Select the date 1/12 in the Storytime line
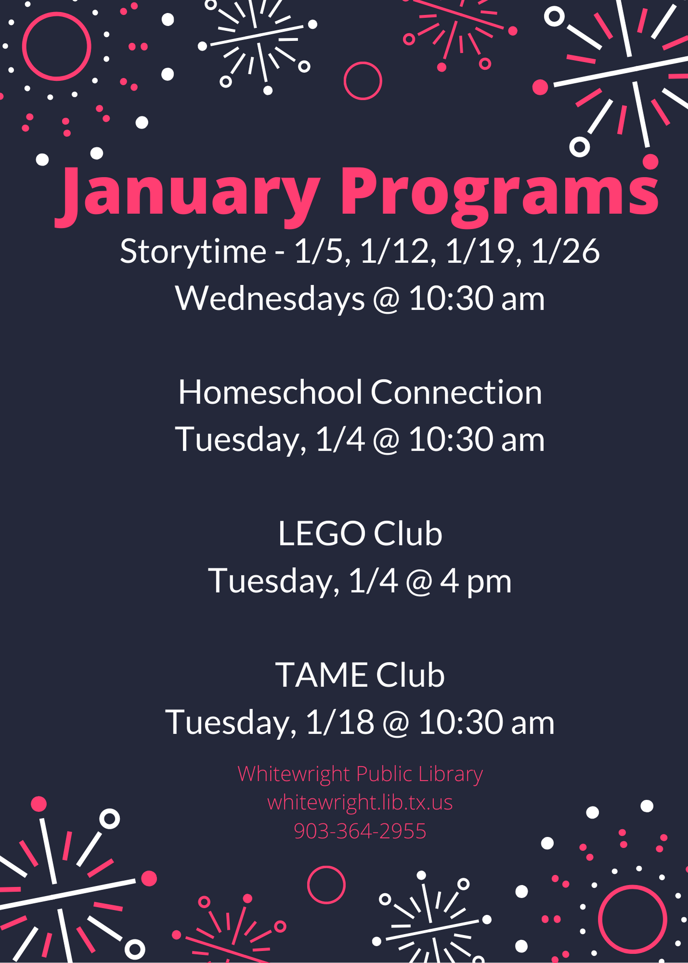[394, 251]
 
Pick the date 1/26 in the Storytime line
[565, 251]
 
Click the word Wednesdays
[270, 299]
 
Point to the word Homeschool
[270, 392]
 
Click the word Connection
[456, 392]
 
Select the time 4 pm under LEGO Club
[476, 582]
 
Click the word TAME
[321, 675]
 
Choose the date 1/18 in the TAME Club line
[340, 722]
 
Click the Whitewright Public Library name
[360, 774]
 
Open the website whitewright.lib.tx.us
[360, 803]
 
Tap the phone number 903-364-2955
[360, 831]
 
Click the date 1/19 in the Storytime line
[480, 251]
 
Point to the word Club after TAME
[410, 675]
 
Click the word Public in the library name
[384, 774]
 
